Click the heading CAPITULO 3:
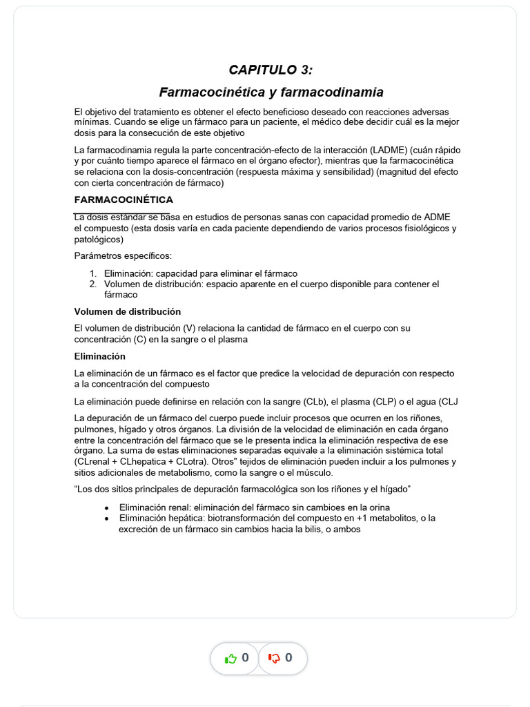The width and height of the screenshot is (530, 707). coord(271,70)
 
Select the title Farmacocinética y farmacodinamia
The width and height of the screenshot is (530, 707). coord(271,92)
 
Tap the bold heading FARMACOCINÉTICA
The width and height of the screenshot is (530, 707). coord(124,200)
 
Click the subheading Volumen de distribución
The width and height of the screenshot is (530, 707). coord(127,311)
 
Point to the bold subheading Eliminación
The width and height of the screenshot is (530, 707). coord(99,356)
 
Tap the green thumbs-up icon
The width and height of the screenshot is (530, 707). coord(231,658)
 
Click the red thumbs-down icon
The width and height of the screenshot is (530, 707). coord(274,658)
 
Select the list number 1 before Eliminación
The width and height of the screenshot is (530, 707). coord(93,273)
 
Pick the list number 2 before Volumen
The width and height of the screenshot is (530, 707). coord(93,284)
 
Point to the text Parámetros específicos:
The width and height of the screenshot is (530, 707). coord(123,256)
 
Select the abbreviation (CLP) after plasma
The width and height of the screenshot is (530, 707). coord(384,401)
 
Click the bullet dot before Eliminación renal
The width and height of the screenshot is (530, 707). coord(106,507)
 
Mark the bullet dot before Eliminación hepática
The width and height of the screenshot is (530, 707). coord(106,518)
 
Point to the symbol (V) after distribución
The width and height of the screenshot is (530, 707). coord(190,329)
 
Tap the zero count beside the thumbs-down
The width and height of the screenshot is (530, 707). coord(288,658)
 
